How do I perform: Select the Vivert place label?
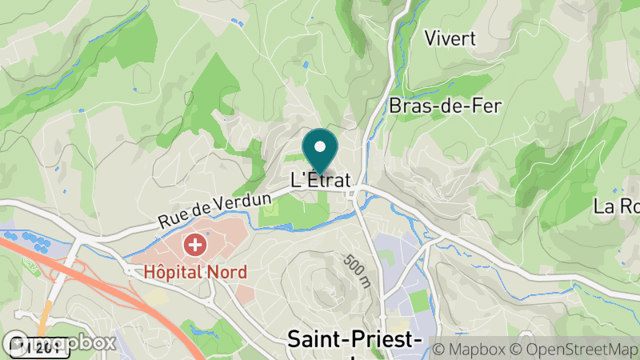pyautogui.click(x=450, y=38)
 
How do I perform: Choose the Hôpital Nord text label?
pyautogui.click(x=195, y=271)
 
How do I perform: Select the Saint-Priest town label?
pyautogui.click(x=354, y=341)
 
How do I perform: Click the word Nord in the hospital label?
pyautogui.click(x=222, y=271)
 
